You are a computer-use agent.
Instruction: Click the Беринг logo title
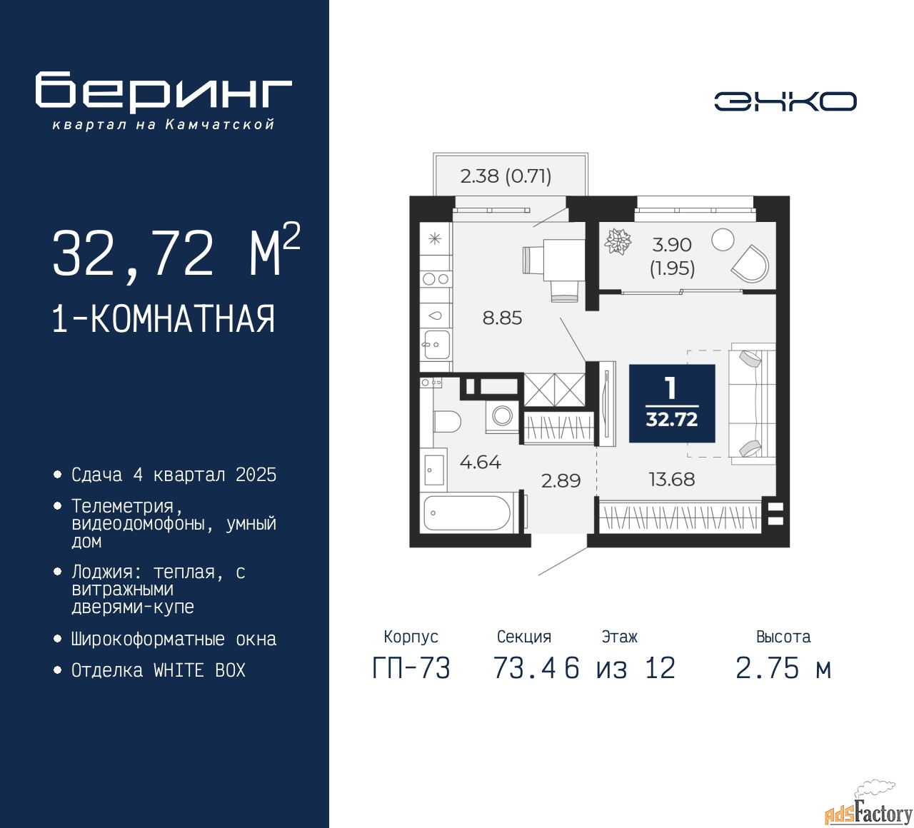pyautogui.click(x=164, y=91)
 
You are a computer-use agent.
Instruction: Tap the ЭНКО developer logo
pyautogui.click(x=785, y=101)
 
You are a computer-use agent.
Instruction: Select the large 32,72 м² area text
pyautogui.click(x=176, y=253)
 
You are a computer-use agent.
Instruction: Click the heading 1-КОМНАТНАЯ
pyautogui.click(x=164, y=319)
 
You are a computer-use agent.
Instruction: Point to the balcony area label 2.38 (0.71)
pyautogui.click(x=506, y=176)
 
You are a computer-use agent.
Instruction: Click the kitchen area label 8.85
pyautogui.click(x=502, y=318)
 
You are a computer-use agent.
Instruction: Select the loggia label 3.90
pyautogui.click(x=672, y=245)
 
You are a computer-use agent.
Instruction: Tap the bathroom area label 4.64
pyautogui.click(x=480, y=462)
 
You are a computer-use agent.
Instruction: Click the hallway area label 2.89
pyautogui.click(x=561, y=480)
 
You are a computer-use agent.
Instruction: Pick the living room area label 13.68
pyautogui.click(x=671, y=479)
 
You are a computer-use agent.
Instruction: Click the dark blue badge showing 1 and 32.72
pyautogui.click(x=671, y=403)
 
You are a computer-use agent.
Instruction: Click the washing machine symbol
pyautogui.click(x=502, y=415)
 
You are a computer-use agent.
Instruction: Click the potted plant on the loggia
pyautogui.click(x=618, y=241)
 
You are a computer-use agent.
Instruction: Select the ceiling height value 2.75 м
pyautogui.click(x=783, y=668)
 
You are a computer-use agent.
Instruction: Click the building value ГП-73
pyautogui.click(x=411, y=668)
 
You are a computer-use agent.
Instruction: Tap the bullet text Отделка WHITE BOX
pyautogui.click(x=158, y=670)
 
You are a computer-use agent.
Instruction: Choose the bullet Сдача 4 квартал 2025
pyautogui.click(x=174, y=475)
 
